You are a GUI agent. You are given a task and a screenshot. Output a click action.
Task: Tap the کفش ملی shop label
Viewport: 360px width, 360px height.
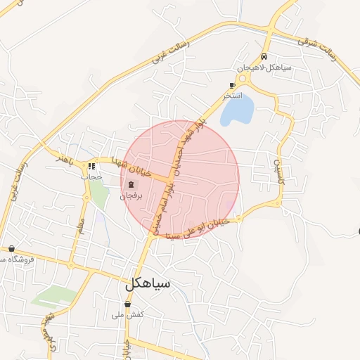click(x=127, y=315)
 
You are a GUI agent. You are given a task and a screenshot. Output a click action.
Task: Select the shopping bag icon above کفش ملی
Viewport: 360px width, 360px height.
click(x=127, y=304)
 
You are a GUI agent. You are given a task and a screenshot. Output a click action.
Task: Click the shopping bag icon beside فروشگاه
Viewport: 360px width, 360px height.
click(x=12, y=248)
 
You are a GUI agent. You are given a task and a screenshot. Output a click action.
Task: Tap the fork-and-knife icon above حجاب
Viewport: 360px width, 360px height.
click(x=91, y=167)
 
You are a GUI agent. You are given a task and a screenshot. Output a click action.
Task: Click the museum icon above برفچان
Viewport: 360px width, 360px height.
click(x=130, y=186)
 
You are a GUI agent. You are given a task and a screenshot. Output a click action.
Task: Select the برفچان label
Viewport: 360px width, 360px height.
click(x=130, y=196)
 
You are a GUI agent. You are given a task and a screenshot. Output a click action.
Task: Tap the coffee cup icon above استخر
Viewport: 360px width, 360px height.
click(x=232, y=84)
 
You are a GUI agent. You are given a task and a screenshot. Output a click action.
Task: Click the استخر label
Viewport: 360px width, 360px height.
click(x=232, y=94)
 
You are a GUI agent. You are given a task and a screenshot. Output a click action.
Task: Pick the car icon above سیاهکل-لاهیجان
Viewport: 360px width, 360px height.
click(x=264, y=57)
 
